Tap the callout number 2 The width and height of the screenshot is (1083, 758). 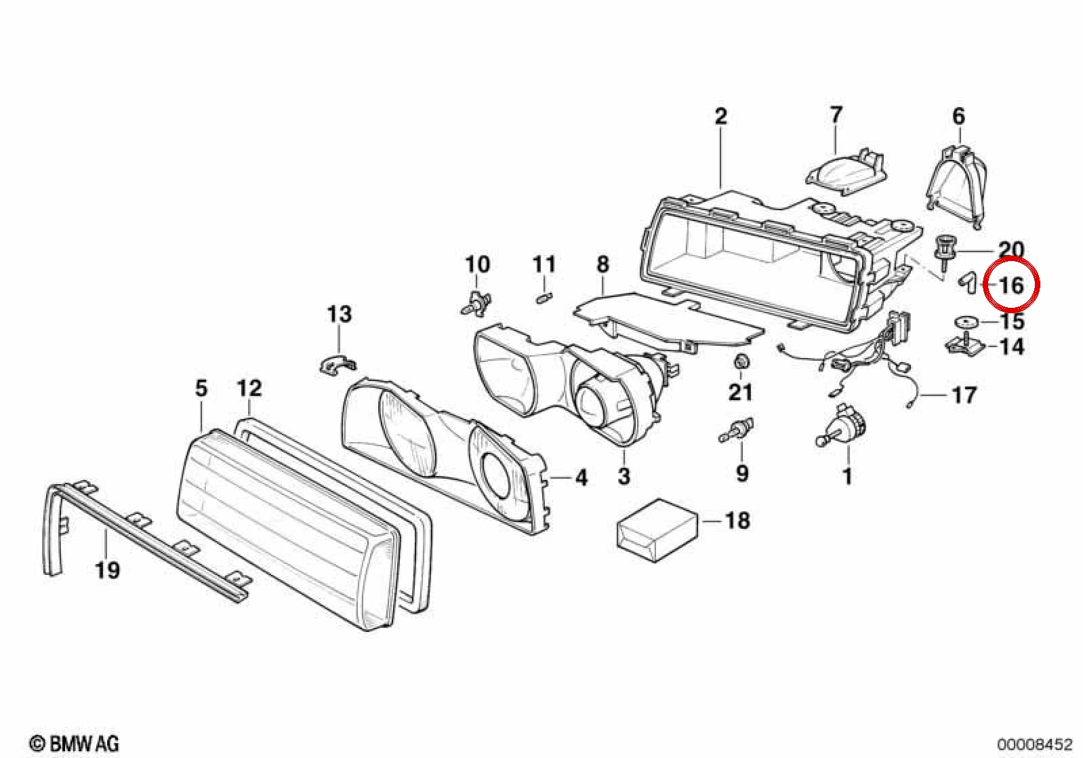click(720, 117)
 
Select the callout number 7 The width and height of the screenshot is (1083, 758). click(836, 115)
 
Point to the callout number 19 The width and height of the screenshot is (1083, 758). click(107, 570)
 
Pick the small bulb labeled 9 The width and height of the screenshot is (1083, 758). click(736, 431)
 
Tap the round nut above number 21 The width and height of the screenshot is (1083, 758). click(741, 362)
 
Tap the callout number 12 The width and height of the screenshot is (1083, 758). click(249, 388)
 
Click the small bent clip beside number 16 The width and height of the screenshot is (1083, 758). click(966, 283)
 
